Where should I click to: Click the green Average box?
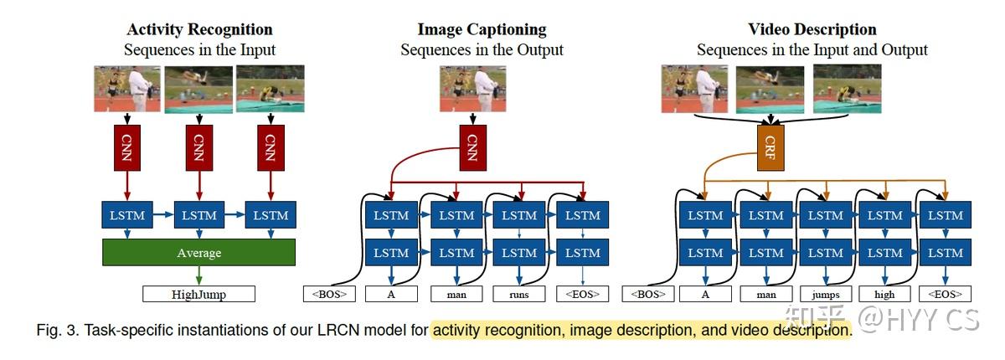click(x=198, y=252)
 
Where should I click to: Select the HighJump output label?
click(x=198, y=294)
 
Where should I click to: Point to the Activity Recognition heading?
click(x=199, y=30)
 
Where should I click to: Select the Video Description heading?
click(x=812, y=30)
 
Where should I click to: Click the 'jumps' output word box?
click(x=825, y=294)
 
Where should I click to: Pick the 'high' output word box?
click(x=884, y=294)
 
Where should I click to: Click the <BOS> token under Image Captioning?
click(x=329, y=294)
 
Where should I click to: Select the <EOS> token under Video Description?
click(x=945, y=294)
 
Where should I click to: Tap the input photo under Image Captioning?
click(x=470, y=89)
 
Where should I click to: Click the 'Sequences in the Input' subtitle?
click(x=199, y=50)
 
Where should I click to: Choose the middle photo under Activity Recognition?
click(x=198, y=89)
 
